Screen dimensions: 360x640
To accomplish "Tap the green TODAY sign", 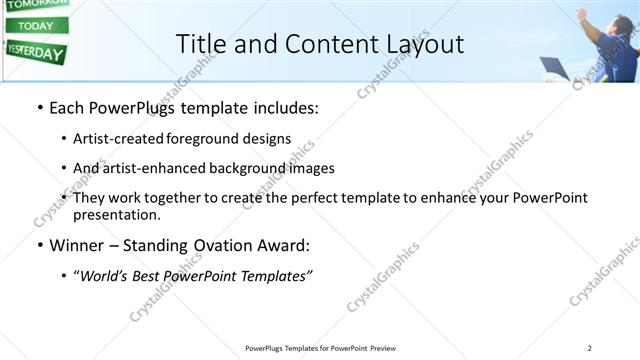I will [x=36, y=25].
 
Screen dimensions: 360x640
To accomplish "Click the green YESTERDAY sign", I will [x=36, y=52].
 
